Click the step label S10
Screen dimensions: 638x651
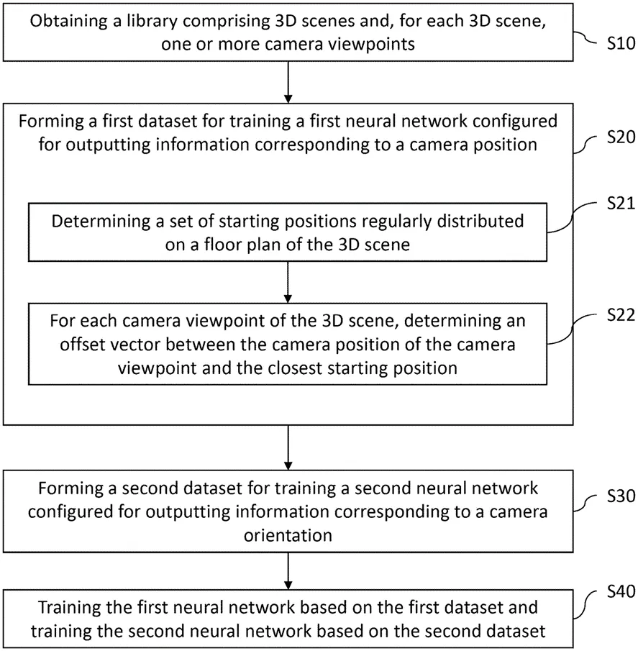click(x=621, y=43)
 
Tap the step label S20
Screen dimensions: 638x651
click(x=621, y=137)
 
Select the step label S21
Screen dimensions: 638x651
click(x=621, y=204)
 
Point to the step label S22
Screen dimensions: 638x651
click(x=621, y=315)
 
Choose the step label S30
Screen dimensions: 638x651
click(x=621, y=496)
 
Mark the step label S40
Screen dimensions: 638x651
click(x=621, y=591)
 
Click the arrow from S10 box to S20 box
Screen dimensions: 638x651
click(x=288, y=82)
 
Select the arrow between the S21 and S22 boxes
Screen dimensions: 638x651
click(x=288, y=282)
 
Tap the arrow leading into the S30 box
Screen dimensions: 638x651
click(x=288, y=447)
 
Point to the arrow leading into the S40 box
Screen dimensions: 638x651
click(x=288, y=571)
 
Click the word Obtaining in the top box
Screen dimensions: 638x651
click(x=68, y=21)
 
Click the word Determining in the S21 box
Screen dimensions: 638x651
click(x=101, y=222)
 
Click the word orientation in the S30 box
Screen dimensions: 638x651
click(x=288, y=536)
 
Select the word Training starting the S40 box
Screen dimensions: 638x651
click(x=68, y=607)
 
